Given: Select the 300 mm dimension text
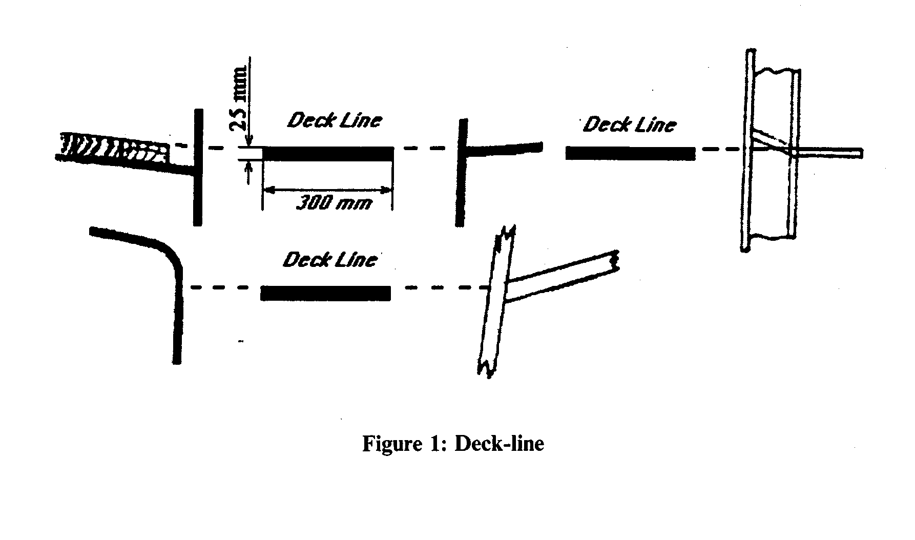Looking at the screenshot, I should point(335,204).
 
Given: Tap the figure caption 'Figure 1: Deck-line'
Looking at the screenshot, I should point(453,443).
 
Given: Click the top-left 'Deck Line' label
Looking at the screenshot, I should point(335,121).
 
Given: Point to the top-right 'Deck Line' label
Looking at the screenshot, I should point(630,124).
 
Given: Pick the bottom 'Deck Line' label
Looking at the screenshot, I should point(330,260).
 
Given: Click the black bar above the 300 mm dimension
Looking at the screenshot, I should point(328,154).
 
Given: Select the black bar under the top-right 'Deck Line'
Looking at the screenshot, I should point(630,153).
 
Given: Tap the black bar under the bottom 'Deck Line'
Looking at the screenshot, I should point(326,293).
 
